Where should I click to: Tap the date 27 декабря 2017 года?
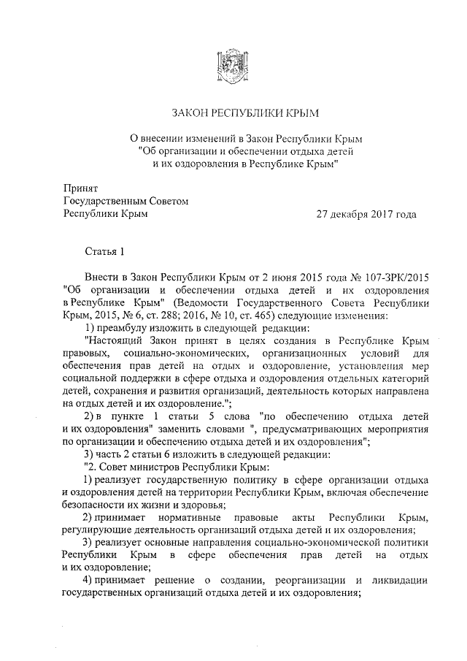tap(366, 214)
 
